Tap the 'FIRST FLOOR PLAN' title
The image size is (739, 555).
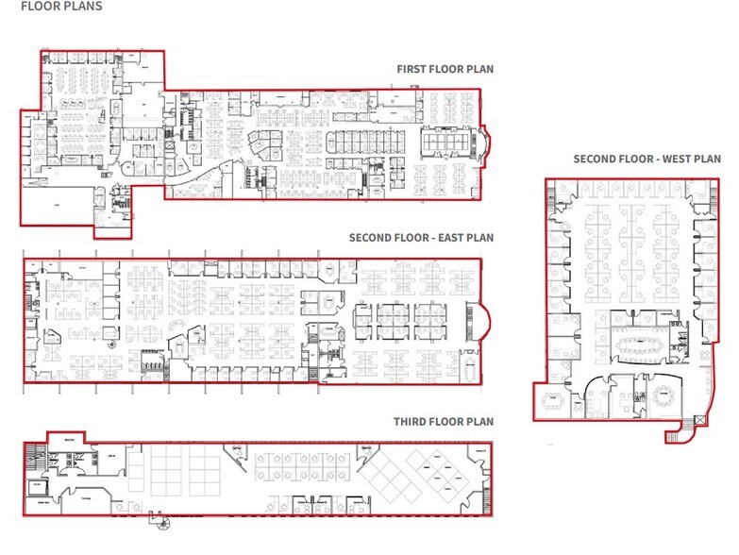click(x=445, y=69)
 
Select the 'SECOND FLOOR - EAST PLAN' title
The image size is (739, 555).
click(x=421, y=238)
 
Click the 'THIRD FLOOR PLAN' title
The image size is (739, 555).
click(x=444, y=421)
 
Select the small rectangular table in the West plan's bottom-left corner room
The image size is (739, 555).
click(x=551, y=399)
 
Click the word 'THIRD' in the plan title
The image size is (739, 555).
click(x=411, y=421)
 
